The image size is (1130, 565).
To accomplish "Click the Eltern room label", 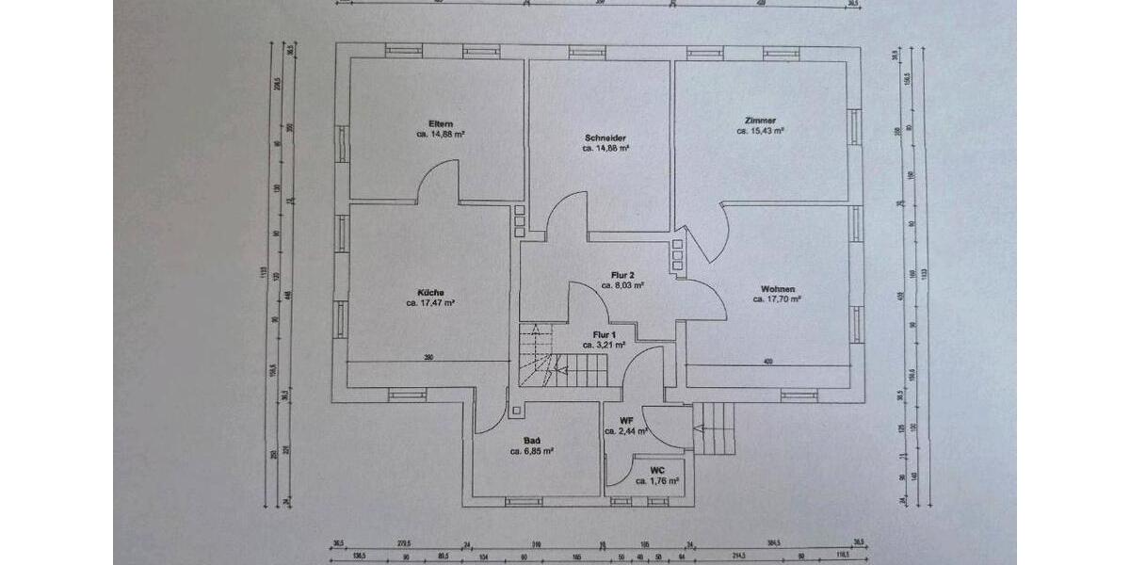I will (441, 124).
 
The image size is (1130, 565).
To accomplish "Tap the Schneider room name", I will (605, 137).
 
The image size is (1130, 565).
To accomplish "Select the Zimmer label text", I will (760, 121).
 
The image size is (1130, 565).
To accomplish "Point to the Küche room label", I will (430, 292).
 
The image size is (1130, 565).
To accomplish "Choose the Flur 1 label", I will (604, 334).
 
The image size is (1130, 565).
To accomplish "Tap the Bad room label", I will (531, 440).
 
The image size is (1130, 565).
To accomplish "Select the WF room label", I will (625, 420).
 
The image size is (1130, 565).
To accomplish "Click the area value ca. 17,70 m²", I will (777, 299).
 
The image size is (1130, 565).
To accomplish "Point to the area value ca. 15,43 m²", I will (760, 132).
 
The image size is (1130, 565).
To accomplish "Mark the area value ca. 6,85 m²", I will (531, 451).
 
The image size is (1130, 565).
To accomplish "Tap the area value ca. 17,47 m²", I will (430, 303).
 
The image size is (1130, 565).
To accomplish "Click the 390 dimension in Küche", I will (428, 358).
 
